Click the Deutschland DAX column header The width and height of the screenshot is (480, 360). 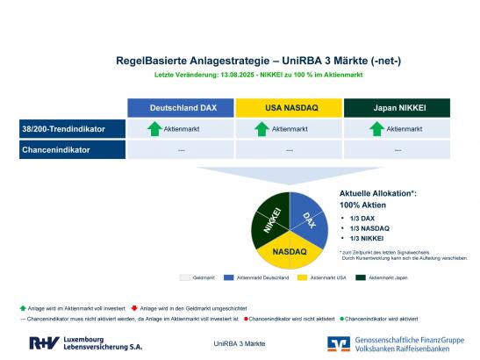point(183,107)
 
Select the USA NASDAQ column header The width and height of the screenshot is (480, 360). point(290,107)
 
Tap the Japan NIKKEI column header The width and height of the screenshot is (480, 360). point(397,107)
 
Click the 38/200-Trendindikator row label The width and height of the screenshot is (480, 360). point(63,129)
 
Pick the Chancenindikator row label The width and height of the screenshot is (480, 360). point(63,149)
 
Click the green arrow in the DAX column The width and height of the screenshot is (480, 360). point(154,129)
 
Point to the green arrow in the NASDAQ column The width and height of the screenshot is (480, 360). point(261,129)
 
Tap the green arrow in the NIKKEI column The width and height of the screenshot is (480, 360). point(376,129)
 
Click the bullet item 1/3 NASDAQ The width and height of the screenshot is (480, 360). point(370,227)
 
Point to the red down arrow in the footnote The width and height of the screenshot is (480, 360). point(133,307)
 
